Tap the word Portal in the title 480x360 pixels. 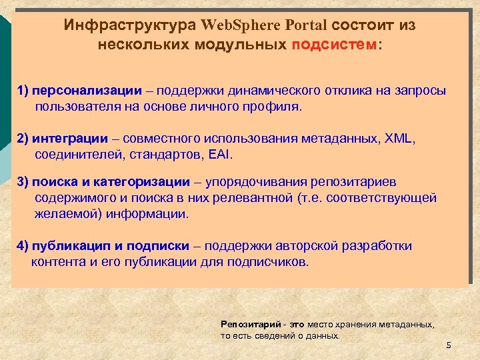coord(306,26)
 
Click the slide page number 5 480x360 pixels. coord(449,345)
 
